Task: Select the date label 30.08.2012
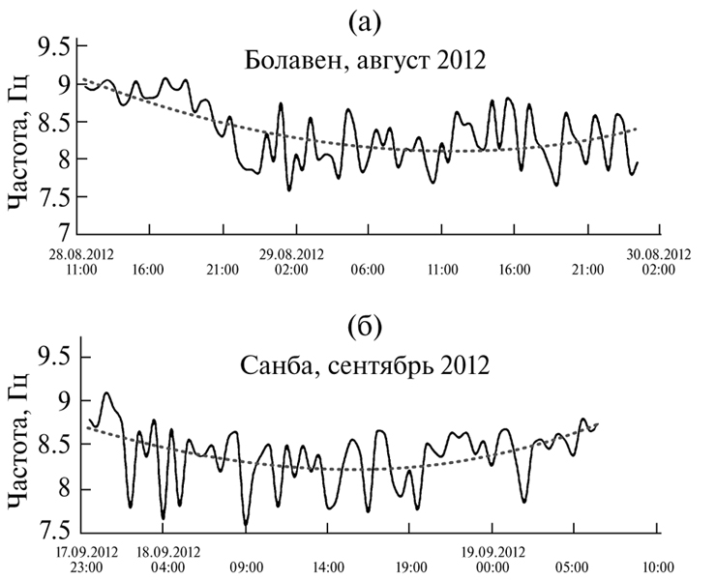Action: pyautogui.click(x=660, y=254)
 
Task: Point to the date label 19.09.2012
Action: pyautogui.click(x=493, y=553)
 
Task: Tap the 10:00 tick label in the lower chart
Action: pyautogui.click(x=658, y=568)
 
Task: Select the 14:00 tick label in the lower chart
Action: pyautogui.click(x=327, y=568)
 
